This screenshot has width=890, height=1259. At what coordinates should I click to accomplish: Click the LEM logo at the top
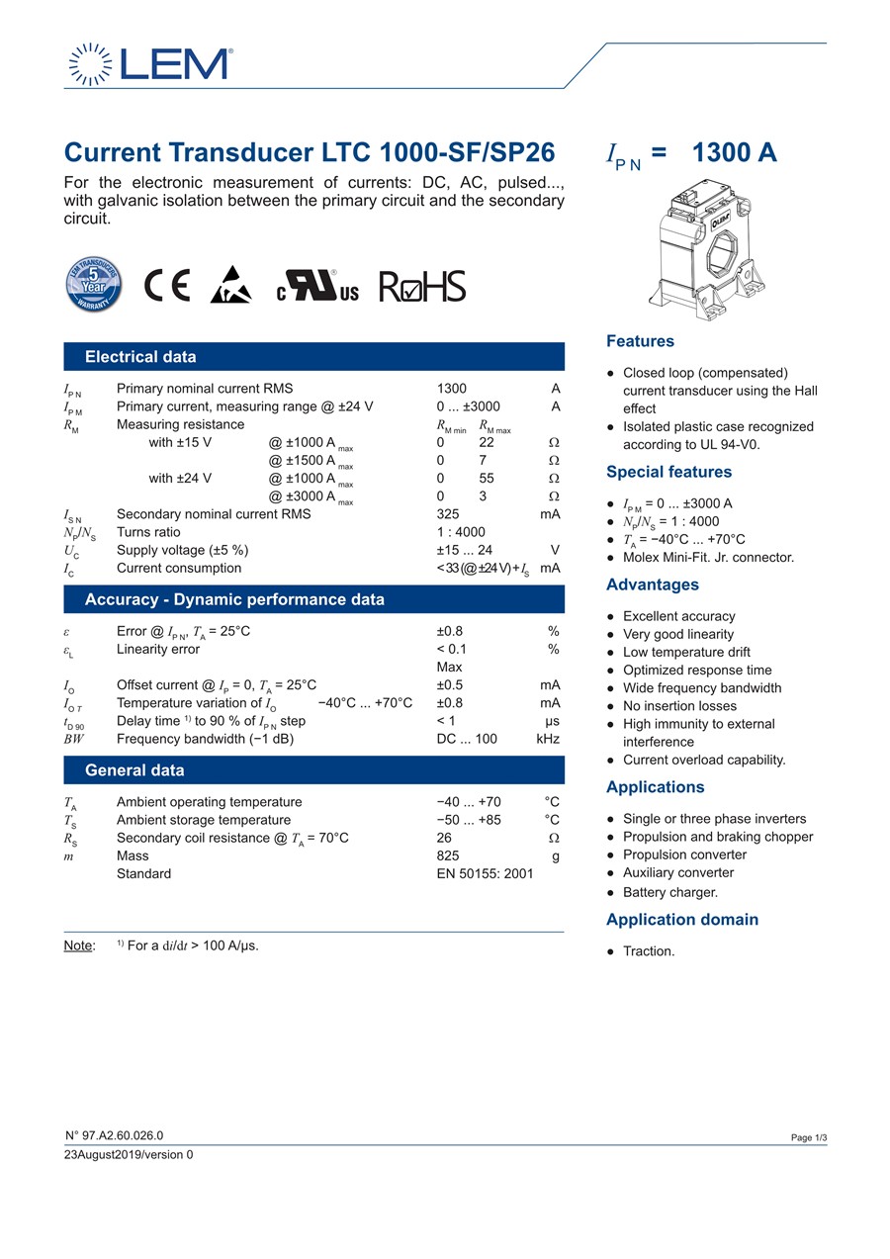click(x=150, y=64)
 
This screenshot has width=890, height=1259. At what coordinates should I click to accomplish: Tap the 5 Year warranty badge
click(x=93, y=285)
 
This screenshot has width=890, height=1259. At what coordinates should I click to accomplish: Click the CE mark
click(x=166, y=286)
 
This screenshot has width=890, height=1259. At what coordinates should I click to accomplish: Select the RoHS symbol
click(x=421, y=286)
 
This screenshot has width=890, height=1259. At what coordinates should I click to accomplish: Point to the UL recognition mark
click(x=317, y=286)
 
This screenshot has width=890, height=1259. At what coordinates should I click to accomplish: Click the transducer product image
click(x=709, y=251)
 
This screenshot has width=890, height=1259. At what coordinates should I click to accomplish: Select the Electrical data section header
click(x=140, y=357)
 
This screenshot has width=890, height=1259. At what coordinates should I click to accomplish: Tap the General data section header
click(x=134, y=770)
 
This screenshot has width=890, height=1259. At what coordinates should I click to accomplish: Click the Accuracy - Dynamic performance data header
click(x=234, y=599)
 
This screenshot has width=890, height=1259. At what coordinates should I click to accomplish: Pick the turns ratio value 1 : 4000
click(x=461, y=532)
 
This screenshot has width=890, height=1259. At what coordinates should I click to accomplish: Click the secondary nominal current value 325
click(x=448, y=514)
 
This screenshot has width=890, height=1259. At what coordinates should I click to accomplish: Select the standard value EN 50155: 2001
click(x=485, y=873)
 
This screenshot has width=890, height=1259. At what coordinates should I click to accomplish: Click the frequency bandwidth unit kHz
click(x=548, y=739)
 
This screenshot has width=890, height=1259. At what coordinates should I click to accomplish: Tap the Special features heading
click(x=668, y=472)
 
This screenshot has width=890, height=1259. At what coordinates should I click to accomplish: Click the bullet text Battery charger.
click(x=669, y=892)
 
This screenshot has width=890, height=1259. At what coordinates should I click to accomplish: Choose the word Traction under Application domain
click(x=649, y=951)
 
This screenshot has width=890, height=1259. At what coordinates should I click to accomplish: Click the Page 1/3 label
click(x=808, y=1138)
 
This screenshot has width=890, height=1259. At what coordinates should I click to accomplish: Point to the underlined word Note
click(x=79, y=945)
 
